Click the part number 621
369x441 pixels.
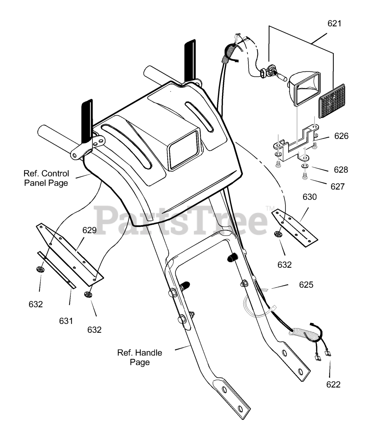[334, 23]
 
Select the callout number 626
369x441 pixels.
[341, 136]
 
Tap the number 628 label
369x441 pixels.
[341, 170]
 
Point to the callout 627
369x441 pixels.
[338, 186]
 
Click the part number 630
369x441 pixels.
[310, 197]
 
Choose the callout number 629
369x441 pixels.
[89, 230]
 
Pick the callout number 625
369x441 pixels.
[306, 285]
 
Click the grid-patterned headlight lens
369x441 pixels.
[332, 101]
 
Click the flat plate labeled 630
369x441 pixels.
[295, 228]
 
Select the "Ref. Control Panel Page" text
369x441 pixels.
[46, 178]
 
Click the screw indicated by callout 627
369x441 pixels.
[305, 176]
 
